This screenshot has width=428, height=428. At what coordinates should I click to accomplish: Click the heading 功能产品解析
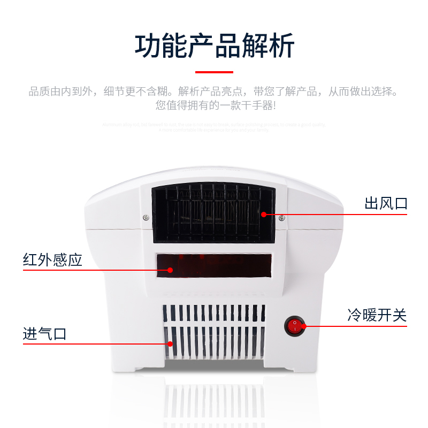pyautogui.click(x=214, y=47)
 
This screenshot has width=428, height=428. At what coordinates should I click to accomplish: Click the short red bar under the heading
pyautogui.click(x=214, y=72)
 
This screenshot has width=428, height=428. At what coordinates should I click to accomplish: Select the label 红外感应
pyautogui.click(x=52, y=260)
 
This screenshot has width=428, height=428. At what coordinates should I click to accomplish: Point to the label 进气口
pyautogui.click(x=45, y=334)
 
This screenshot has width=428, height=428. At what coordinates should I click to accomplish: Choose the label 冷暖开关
pyautogui.click(x=377, y=315)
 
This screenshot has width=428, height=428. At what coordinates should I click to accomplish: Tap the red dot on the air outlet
pyautogui.click(x=264, y=215)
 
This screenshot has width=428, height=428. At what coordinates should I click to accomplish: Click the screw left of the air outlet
pyautogui.click(x=146, y=217)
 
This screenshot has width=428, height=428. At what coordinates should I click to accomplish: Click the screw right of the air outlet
pyautogui.click(x=282, y=217)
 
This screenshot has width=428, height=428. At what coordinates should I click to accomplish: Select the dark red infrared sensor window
pyautogui.click(x=214, y=266)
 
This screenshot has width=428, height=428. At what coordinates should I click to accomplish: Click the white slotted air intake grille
pyautogui.click(x=214, y=332)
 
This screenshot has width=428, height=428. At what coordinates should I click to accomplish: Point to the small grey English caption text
pyautogui.click(x=214, y=127)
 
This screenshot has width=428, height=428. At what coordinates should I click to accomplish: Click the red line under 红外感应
pyautogui.click(x=80, y=270)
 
